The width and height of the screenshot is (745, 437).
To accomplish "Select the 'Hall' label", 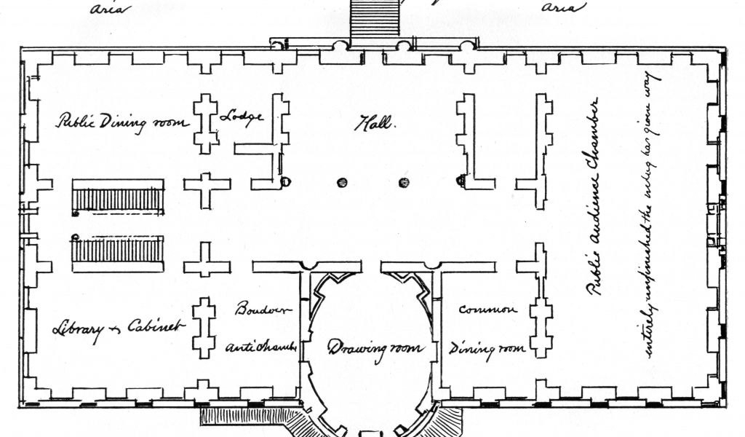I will (x=374, y=125).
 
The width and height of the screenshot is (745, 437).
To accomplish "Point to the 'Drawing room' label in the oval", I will (x=374, y=348).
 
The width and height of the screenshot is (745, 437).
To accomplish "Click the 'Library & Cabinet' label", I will (x=119, y=327).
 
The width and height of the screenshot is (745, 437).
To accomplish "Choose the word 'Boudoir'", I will (x=262, y=309).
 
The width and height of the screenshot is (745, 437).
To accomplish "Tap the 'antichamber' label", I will (x=263, y=347).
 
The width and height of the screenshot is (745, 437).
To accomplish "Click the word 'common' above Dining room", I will (x=487, y=310).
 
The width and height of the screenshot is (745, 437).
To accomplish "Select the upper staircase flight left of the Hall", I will (x=117, y=198).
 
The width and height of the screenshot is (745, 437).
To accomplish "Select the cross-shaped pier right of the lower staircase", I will (x=207, y=260).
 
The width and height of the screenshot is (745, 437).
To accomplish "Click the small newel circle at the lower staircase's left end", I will (x=76, y=236).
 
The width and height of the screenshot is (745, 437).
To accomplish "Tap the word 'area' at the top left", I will (x=107, y=9).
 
